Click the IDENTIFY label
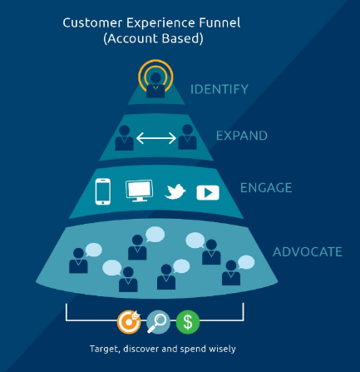coord(219,89)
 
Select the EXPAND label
coord(242,136)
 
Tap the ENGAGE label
coord(266,188)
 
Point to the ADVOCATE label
coord(308,252)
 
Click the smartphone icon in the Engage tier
coord(103,191)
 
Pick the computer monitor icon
coord(139,191)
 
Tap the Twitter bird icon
coord(175,191)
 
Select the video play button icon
coord(208,192)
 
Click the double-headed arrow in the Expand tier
coord(156,138)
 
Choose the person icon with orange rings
coord(155,78)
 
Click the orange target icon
coord(129,322)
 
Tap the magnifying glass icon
coord(158,322)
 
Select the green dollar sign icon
coord(188,322)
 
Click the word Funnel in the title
coord(219,22)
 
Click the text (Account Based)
coord(153,38)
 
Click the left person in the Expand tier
coord(124,138)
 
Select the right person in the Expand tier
coord(188,137)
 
